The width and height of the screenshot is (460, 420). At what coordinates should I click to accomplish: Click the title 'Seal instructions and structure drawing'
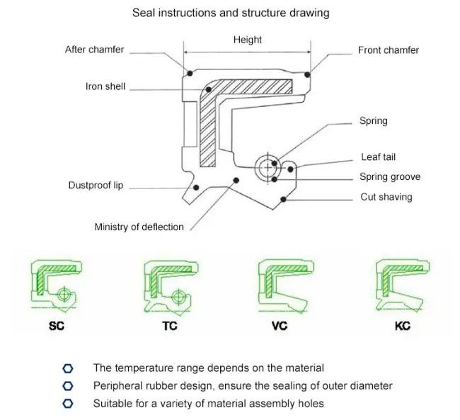(230, 13)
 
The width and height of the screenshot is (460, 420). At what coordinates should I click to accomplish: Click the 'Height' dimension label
(247, 40)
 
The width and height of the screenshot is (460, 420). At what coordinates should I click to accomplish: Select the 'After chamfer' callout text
(94, 50)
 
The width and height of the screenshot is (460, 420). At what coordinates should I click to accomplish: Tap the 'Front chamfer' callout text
(388, 50)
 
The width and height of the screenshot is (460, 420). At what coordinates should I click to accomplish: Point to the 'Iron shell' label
(105, 86)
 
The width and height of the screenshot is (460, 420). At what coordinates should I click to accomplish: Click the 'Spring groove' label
(389, 177)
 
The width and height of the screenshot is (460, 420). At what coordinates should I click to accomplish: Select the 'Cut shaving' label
(386, 197)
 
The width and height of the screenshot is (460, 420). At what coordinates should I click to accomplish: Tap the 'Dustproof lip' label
(96, 186)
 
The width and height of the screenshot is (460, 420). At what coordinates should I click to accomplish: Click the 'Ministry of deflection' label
(139, 227)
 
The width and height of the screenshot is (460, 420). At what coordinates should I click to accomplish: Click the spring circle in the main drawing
(268, 168)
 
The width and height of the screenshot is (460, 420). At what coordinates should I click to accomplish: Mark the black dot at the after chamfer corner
(190, 74)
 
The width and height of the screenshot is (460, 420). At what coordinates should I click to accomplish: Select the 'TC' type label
(170, 327)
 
